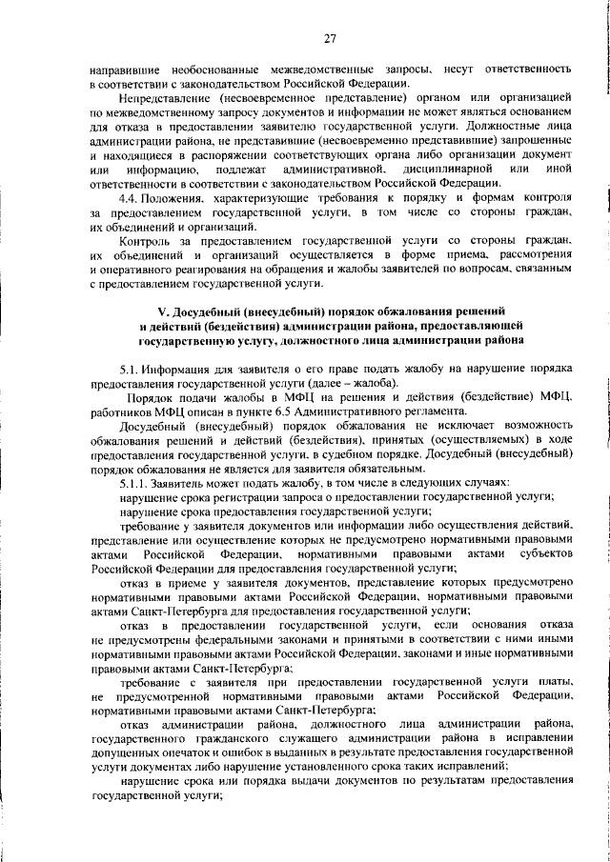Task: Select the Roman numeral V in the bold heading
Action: tap(160, 311)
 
